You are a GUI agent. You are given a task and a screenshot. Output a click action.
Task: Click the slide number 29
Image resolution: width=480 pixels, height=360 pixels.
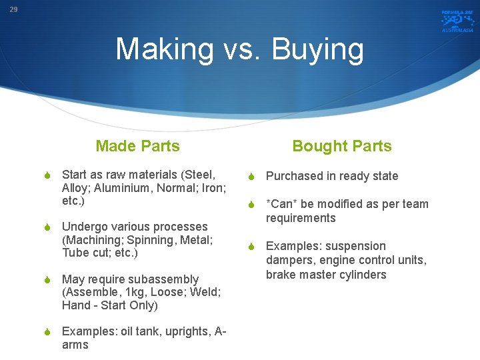coord(13,10)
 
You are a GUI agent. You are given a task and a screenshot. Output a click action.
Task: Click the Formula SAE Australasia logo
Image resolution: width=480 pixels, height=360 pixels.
coord(457,21)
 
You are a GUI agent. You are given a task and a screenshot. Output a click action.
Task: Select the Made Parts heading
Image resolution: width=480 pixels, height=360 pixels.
coord(137,146)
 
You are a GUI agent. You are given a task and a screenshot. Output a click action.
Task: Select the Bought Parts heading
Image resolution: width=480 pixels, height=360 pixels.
coord(342,146)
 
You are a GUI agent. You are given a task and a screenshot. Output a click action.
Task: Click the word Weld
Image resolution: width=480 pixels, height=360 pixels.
coord(207,293)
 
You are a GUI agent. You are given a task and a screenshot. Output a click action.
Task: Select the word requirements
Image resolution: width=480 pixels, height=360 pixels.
coord(301,218)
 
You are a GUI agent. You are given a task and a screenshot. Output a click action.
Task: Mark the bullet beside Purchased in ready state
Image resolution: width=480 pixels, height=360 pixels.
coord(252,177)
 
